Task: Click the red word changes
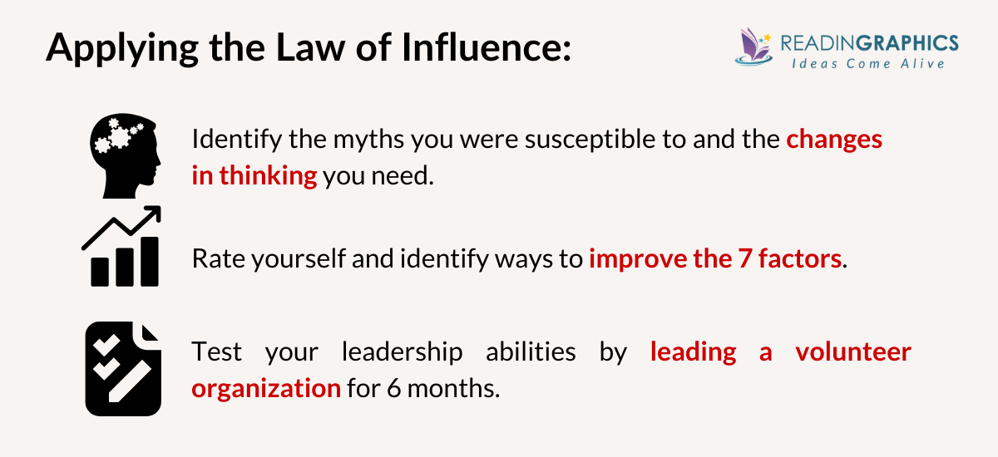(834, 139)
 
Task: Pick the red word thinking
(268, 176)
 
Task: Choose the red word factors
(798, 258)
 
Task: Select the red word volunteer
(852, 351)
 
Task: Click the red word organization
(266, 388)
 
